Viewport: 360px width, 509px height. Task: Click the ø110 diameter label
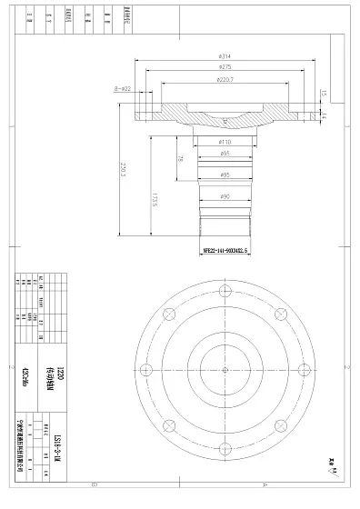pos(224,143)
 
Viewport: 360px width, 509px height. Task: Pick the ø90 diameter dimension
pos(224,196)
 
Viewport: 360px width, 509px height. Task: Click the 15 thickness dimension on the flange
pos(324,92)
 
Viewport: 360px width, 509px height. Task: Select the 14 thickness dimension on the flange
pos(324,116)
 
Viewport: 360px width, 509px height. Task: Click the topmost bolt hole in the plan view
pos(224,293)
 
